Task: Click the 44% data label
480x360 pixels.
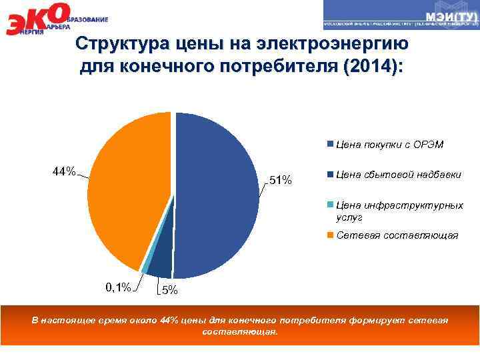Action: click(64, 172)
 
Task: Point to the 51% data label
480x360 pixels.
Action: click(280, 179)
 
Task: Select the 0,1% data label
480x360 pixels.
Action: click(118, 287)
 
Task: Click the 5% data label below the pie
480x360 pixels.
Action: click(171, 290)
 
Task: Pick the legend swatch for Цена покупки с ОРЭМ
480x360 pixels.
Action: click(331, 144)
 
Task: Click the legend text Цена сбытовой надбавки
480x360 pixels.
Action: click(399, 175)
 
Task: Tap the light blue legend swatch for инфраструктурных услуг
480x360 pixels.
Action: click(331, 205)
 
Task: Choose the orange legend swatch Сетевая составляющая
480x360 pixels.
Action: click(331, 235)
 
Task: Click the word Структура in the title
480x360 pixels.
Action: click(117, 45)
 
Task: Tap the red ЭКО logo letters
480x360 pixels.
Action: click(37, 20)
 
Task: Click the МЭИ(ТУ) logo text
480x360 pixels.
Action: click(449, 15)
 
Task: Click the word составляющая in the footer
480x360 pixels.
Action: click(239, 331)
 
